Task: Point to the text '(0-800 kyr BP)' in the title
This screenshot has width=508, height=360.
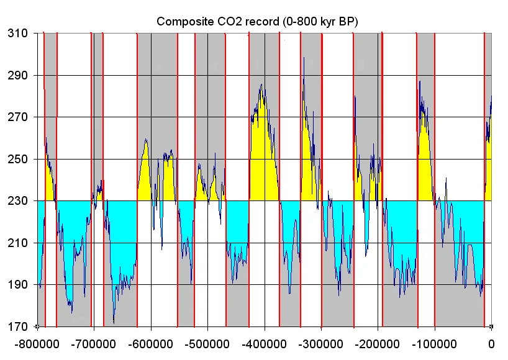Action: point(320,21)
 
